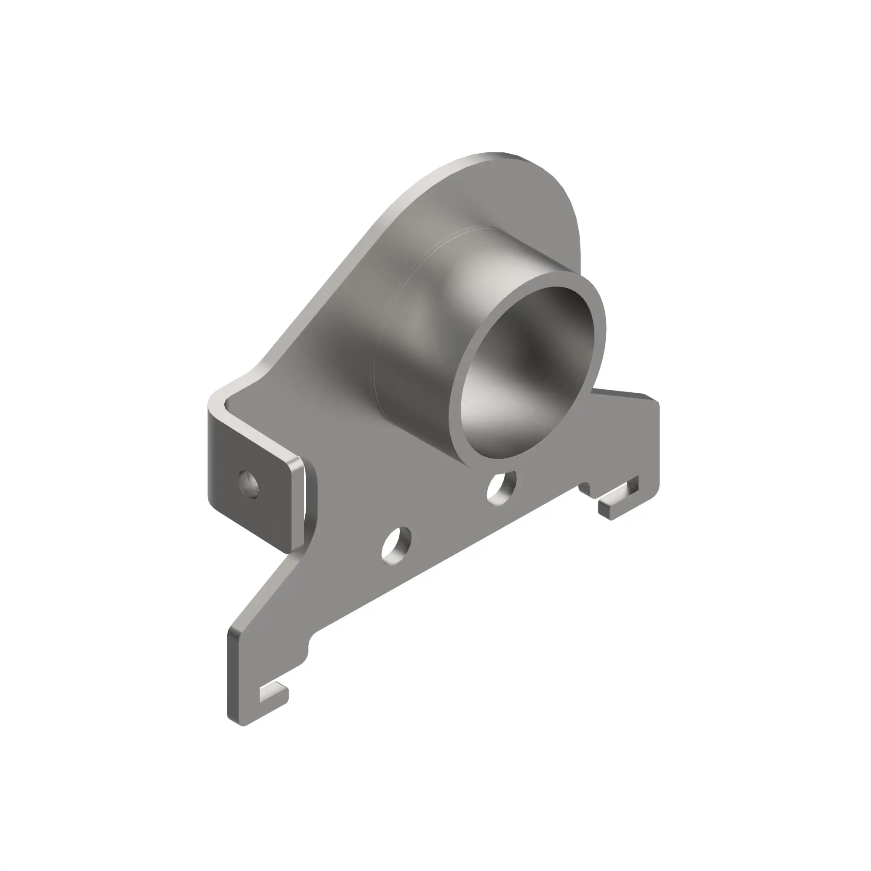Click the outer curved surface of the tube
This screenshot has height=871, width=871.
pos(433,316)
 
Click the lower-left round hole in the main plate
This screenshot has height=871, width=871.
pos(396,545)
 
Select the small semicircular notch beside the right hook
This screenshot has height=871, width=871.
pos(585,488)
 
